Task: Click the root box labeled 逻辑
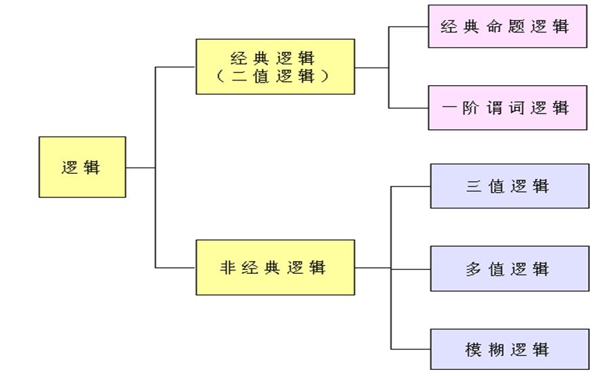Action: click(82, 167)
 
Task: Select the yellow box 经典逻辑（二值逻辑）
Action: click(275, 66)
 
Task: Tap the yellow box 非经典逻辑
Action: click(275, 267)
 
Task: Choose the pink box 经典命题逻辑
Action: click(507, 26)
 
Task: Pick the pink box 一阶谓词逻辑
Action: click(507, 108)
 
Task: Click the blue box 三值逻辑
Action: click(509, 186)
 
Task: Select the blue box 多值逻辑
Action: click(509, 268)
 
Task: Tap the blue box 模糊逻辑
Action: click(509, 350)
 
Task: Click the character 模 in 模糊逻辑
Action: click(474, 350)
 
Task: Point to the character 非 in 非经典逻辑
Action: click(229, 267)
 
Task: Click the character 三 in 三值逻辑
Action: click(474, 186)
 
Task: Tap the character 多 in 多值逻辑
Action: click(474, 268)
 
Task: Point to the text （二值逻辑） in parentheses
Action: click(274, 76)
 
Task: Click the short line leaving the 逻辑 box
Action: click(140, 167)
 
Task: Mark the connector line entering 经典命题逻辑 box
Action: click(409, 27)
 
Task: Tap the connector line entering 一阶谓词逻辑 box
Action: click(409, 108)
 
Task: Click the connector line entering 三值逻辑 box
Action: click(411, 187)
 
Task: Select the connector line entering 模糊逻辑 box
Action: click(411, 350)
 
